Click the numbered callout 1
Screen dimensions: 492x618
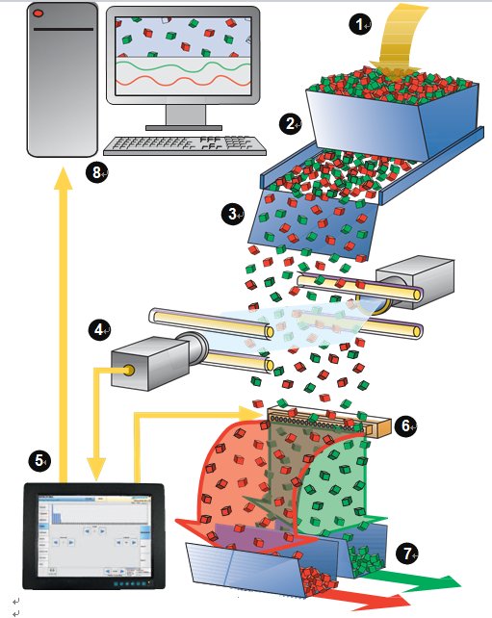359,24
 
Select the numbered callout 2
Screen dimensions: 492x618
290,124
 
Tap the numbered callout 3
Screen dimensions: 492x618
233,214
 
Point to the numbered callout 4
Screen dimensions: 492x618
99,329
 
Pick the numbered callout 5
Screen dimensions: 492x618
39,460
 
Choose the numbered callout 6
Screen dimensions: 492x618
405,425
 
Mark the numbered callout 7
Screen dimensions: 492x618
407,554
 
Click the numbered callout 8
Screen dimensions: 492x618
97,172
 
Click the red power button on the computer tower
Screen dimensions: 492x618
39,13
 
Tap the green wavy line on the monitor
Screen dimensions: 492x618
183,66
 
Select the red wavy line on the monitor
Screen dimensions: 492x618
183,81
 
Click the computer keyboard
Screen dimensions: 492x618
185,145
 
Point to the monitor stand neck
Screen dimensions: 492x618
185,115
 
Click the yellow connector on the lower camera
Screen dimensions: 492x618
128,370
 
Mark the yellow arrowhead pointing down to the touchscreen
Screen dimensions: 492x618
96,469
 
